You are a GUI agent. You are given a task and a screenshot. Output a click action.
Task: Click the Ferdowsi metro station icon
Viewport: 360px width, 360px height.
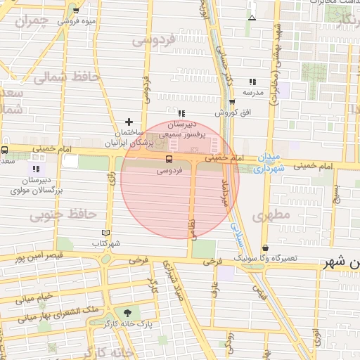(x=169, y=160)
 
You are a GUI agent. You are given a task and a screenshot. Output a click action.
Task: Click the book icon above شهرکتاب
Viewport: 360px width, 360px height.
(x=106, y=233)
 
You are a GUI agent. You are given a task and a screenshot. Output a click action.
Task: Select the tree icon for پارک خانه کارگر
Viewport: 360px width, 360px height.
(x=127, y=313)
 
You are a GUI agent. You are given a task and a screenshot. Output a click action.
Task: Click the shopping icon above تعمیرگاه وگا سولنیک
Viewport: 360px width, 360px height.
(x=266, y=248)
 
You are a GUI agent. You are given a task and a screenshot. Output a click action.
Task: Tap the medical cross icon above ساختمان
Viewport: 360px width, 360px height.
(x=129, y=122)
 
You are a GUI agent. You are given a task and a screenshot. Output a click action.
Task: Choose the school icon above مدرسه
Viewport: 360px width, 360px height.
(x=252, y=82)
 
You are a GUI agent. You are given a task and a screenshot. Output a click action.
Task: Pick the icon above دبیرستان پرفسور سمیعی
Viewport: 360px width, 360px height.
(x=181, y=113)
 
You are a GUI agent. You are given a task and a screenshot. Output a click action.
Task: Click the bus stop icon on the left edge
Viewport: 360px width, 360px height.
(x=5, y=150)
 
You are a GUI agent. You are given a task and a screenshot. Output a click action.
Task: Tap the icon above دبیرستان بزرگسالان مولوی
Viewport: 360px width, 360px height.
(x=36, y=169)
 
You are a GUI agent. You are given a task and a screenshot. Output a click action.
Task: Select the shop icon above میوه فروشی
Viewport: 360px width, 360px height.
(x=75, y=11)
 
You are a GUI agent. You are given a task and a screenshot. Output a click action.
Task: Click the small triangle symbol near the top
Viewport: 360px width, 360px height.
(x=252, y=17)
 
